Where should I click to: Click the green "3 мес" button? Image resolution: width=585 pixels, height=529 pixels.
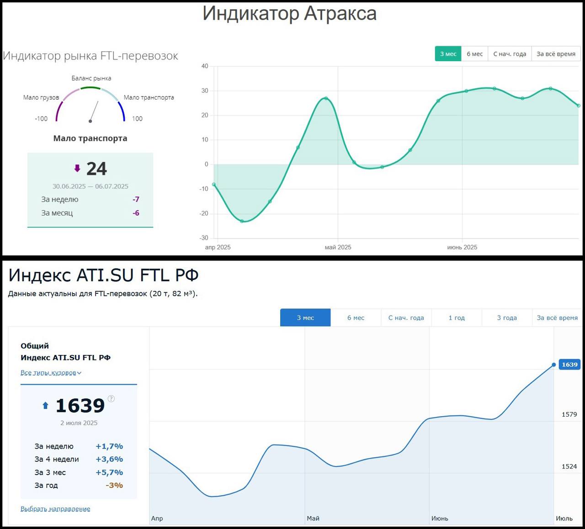click(448, 54)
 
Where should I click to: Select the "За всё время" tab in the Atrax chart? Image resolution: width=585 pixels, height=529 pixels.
click(556, 54)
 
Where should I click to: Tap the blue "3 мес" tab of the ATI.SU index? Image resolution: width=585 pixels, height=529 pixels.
click(305, 318)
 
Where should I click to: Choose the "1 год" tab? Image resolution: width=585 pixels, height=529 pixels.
click(457, 318)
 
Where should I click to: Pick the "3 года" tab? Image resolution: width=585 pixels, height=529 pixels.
click(507, 318)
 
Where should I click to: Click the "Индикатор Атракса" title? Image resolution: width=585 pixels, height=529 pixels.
click(289, 14)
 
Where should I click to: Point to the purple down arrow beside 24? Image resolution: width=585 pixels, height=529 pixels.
click(77, 169)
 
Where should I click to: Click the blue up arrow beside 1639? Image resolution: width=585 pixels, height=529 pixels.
click(45, 405)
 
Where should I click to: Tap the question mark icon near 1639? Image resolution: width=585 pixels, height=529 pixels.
click(111, 399)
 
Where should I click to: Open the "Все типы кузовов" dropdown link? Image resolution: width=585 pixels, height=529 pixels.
click(51, 373)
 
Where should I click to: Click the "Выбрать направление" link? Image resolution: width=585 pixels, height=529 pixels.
click(55, 509)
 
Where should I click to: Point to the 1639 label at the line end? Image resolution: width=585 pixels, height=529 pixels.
click(569, 365)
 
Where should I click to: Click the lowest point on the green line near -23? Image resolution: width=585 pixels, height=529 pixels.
click(242, 221)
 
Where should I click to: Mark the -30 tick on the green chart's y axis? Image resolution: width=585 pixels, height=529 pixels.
click(204, 238)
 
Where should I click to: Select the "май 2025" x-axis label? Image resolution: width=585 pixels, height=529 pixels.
click(338, 247)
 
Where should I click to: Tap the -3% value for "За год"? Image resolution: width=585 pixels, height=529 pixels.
click(114, 486)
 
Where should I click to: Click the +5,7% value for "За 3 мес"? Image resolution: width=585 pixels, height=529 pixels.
click(109, 472)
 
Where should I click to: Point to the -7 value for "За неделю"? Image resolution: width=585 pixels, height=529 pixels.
click(136, 200)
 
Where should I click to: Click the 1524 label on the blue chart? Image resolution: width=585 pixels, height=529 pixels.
click(569, 466)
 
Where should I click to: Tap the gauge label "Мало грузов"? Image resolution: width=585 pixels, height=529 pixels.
click(41, 97)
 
